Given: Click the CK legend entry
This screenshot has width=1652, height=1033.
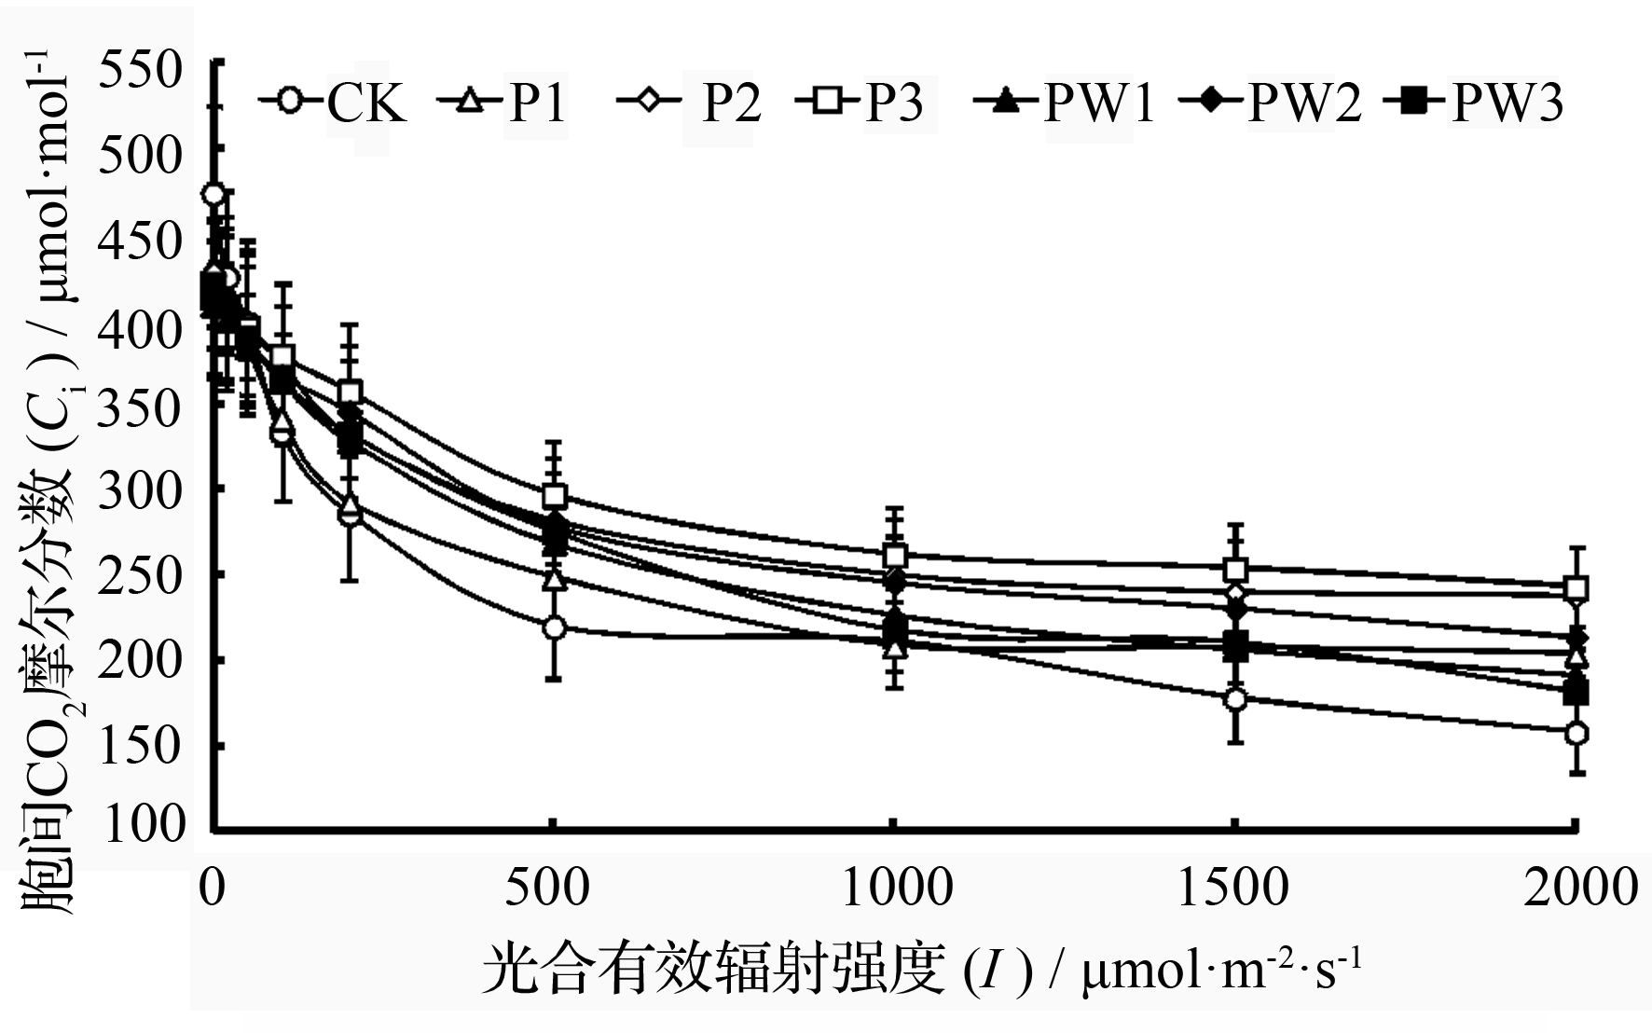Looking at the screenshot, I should [x=336, y=102].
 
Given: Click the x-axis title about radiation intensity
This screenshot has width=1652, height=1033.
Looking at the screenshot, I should [x=923, y=972].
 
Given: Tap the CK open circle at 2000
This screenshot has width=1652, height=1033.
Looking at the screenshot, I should [x=1576, y=734].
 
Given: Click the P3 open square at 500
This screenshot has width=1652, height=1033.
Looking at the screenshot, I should [x=555, y=495].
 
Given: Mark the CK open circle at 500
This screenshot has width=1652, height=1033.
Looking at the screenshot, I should [x=555, y=627].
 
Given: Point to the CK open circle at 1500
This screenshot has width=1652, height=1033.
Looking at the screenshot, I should [x=1236, y=699].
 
